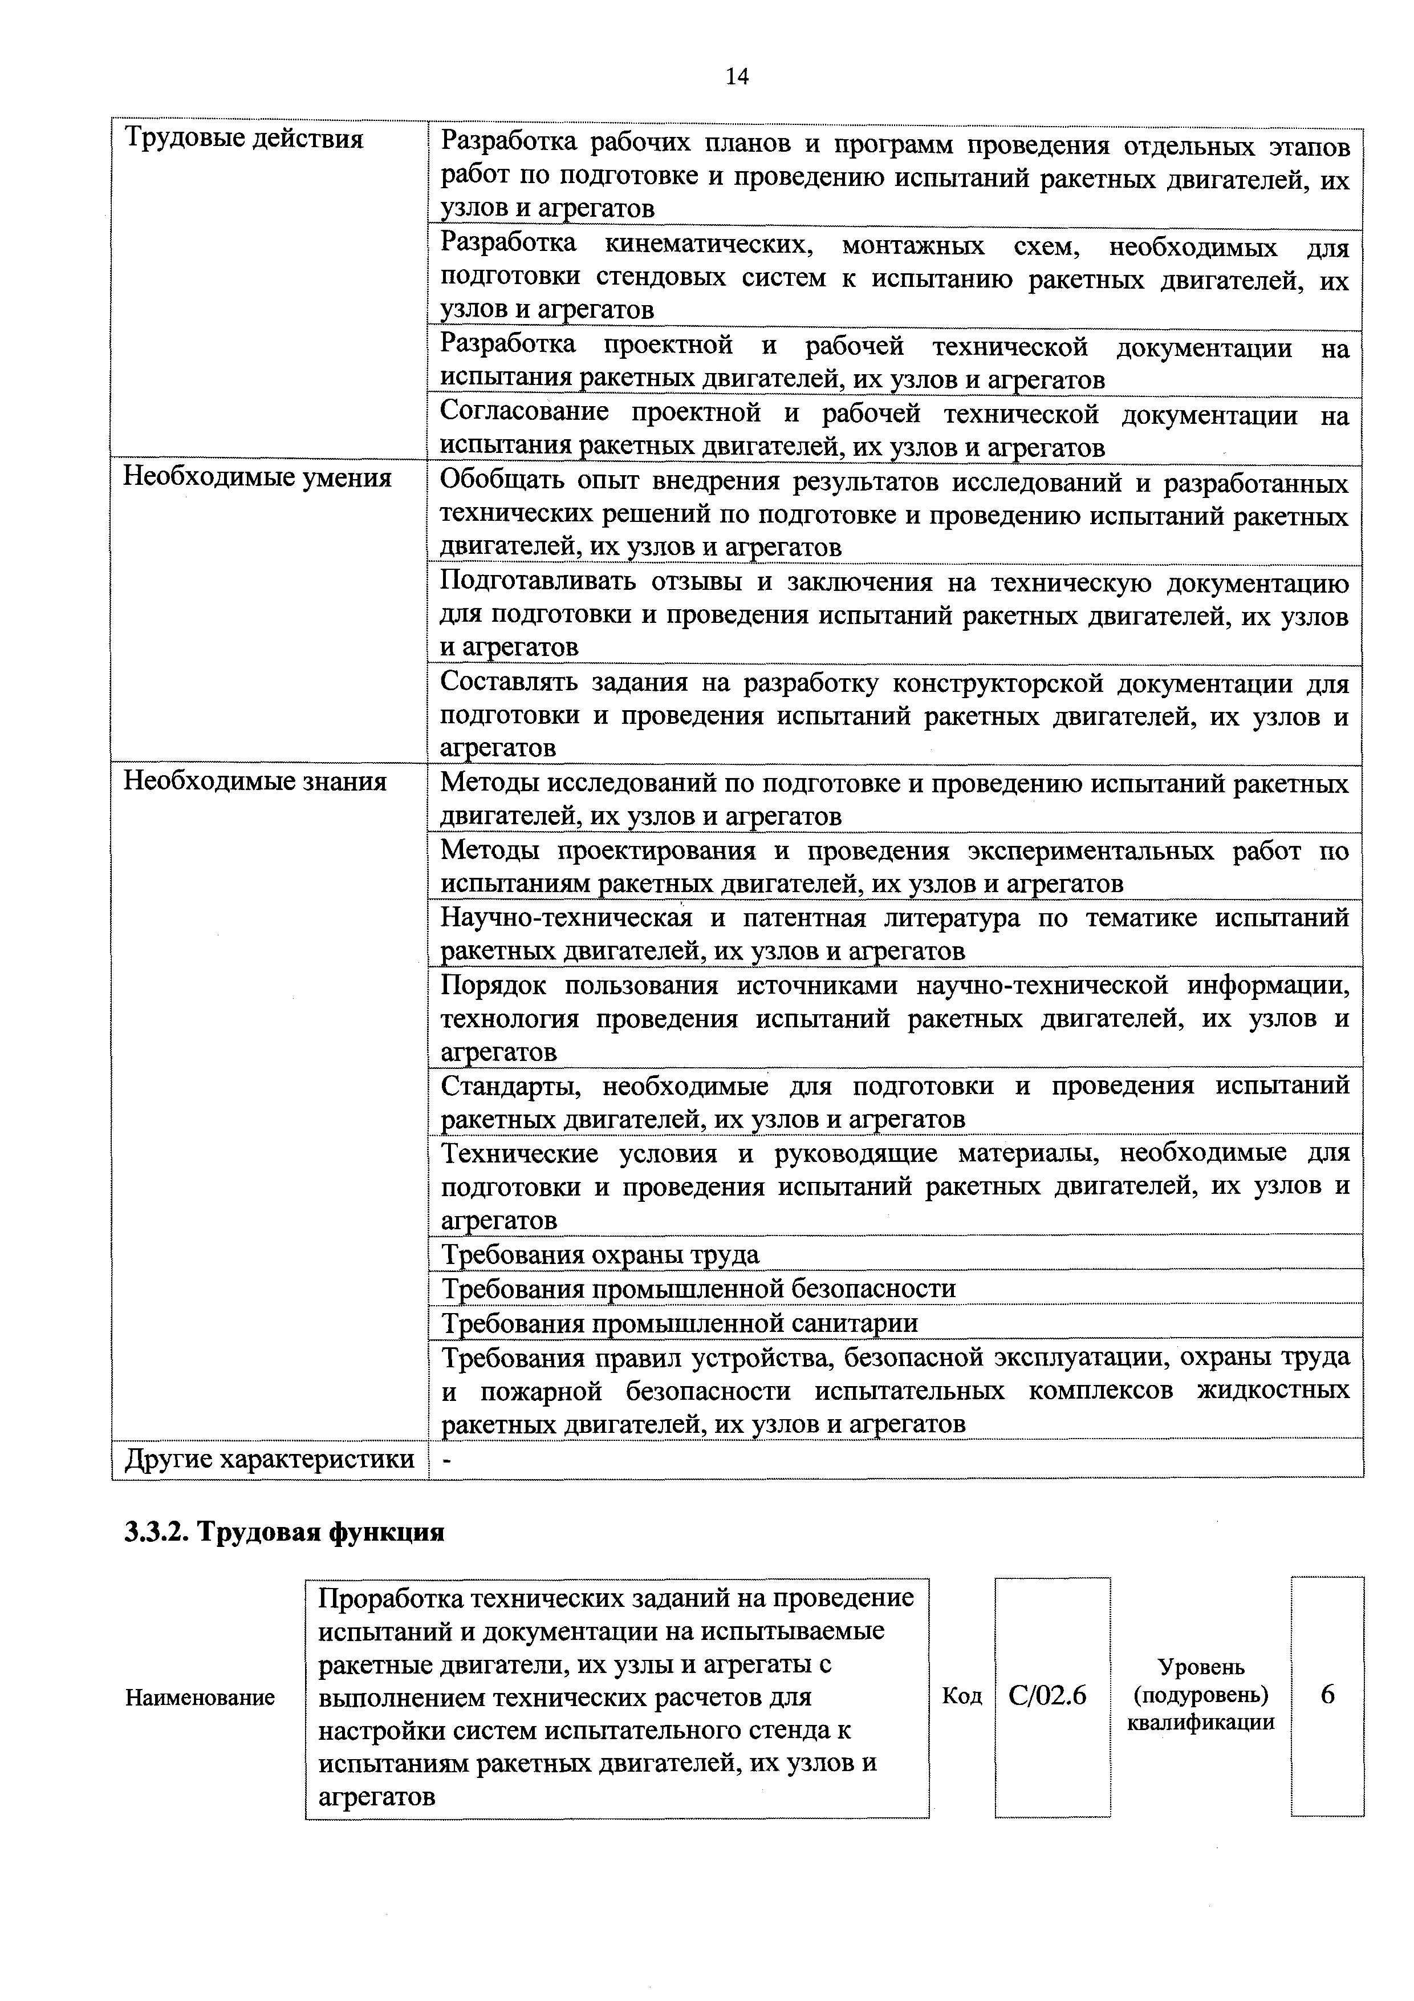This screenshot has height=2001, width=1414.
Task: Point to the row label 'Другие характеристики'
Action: point(269,1459)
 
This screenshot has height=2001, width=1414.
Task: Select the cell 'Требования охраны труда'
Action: point(600,1254)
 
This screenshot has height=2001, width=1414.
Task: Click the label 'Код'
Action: point(962,1696)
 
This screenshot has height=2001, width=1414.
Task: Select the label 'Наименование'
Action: point(200,1697)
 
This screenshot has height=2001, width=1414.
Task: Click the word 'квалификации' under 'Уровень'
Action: point(1201,1722)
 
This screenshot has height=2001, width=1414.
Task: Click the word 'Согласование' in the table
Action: point(525,411)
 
